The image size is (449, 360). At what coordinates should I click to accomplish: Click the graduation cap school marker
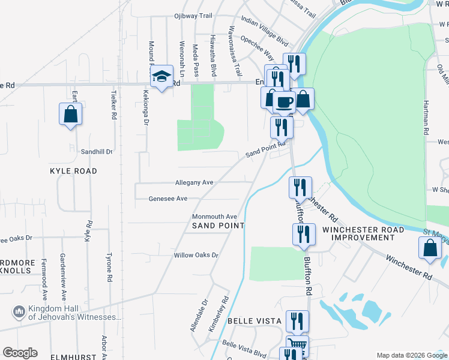(161, 77)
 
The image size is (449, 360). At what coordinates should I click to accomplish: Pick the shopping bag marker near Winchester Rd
(430, 248)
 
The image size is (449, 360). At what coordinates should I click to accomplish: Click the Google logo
(20, 353)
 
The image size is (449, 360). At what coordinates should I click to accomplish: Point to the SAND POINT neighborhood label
(218, 226)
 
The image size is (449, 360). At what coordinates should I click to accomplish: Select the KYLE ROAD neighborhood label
(73, 171)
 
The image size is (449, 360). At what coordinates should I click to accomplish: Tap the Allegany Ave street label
(194, 182)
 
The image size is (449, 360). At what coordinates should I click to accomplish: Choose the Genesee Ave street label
(168, 198)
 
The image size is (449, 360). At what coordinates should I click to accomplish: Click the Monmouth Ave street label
(214, 217)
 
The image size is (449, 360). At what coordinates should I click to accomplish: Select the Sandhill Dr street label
(97, 152)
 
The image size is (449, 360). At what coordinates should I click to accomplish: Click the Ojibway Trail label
(194, 16)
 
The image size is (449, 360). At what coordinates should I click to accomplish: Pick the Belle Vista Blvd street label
(244, 349)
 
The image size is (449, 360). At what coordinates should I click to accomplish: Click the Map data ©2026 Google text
(411, 355)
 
